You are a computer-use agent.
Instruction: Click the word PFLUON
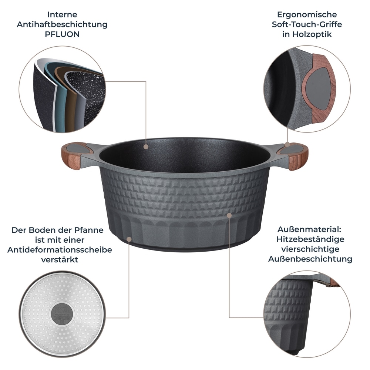pyautogui.click(x=62, y=34)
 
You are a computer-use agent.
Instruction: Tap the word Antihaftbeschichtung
pyautogui.click(x=62, y=24)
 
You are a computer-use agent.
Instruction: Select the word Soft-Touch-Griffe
pyautogui.click(x=307, y=24)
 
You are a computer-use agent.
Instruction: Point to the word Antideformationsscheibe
pyautogui.click(x=60, y=250)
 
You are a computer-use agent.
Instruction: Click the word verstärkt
pyautogui.click(x=60, y=260)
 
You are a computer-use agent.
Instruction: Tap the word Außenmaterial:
pyautogui.click(x=309, y=229)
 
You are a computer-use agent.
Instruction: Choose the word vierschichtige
pyautogui.click(x=310, y=249)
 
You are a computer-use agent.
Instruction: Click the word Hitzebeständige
pyautogui.click(x=310, y=239)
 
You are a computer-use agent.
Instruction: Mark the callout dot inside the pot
pyautogui.click(x=146, y=147)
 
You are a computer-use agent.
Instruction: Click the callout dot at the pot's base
pyautogui.click(x=129, y=239)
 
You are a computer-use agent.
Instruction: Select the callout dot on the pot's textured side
pyautogui.click(x=229, y=215)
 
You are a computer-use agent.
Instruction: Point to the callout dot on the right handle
pyautogui.click(x=287, y=144)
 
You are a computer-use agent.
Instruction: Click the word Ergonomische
pyautogui.click(x=307, y=14)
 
